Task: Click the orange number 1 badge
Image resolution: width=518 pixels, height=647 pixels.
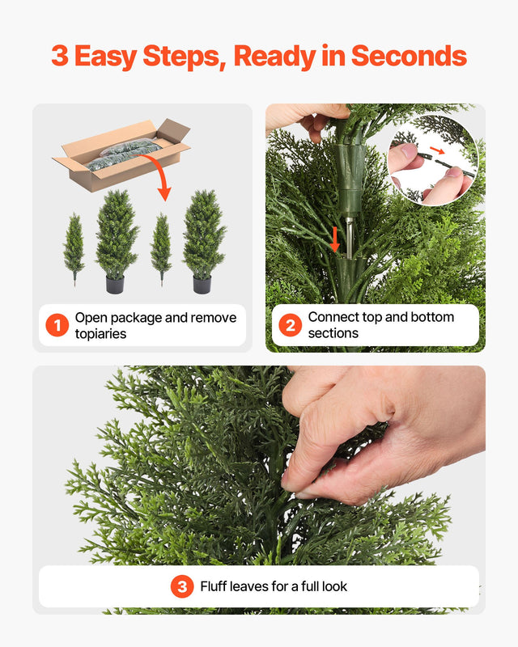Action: pyautogui.click(x=57, y=325)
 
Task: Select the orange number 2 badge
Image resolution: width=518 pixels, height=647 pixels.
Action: pyautogui.click(x=290, y=325)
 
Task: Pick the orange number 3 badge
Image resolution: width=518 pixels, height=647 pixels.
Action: pyautogui.click(x=182, y=586)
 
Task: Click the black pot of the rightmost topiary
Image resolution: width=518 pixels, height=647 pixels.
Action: pyautogui.click(x=202, y=285)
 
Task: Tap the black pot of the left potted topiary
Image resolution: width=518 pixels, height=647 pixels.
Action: pyautogui.click(x=115, y=285)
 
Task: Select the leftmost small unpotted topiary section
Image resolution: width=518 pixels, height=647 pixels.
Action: pyautogui.click(x=74, y=247)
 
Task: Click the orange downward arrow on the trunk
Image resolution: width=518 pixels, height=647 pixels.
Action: pyautogui.click(x=334, y=239)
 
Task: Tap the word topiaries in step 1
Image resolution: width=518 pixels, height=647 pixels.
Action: pyautogui.click(x=100, y=333)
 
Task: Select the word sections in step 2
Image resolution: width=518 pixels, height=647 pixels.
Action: pyautogui.click(x=333, y=333)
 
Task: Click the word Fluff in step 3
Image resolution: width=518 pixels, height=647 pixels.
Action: pyautogui.click(x=215, y=586)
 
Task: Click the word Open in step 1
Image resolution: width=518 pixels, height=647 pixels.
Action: pyautogui.click(x=91, y=317)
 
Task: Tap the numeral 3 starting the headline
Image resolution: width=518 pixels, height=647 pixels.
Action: pyautogui.click(x=59, y=56)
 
